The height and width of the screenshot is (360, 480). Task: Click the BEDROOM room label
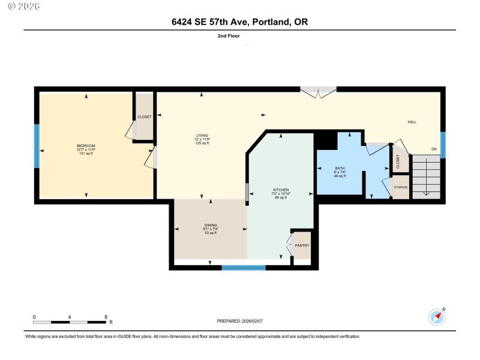coord(86,146)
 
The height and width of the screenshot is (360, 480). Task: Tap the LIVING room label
coord(202,135)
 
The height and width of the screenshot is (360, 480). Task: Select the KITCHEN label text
coord(281,190)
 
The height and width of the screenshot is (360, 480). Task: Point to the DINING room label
coord(210,225)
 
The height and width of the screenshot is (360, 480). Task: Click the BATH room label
coord(340,167)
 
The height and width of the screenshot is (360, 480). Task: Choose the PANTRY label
coord(302,245)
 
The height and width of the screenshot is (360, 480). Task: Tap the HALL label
coord(412,122)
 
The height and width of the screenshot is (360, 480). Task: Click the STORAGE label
coord(401,187)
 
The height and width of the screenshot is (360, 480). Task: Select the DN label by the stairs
coord(433,149)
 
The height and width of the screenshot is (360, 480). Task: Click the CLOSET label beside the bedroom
coord(144,116)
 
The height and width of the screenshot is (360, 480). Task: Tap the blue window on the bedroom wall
coord(37,146)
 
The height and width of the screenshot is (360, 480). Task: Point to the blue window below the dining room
coord(244,268)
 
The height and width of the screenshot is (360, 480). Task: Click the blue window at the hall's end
coord(443,145)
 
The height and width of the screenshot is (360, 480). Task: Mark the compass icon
coord(436,316)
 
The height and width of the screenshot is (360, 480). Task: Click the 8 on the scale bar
coord(106,317)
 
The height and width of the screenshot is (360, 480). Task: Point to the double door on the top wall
coord(318,92)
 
